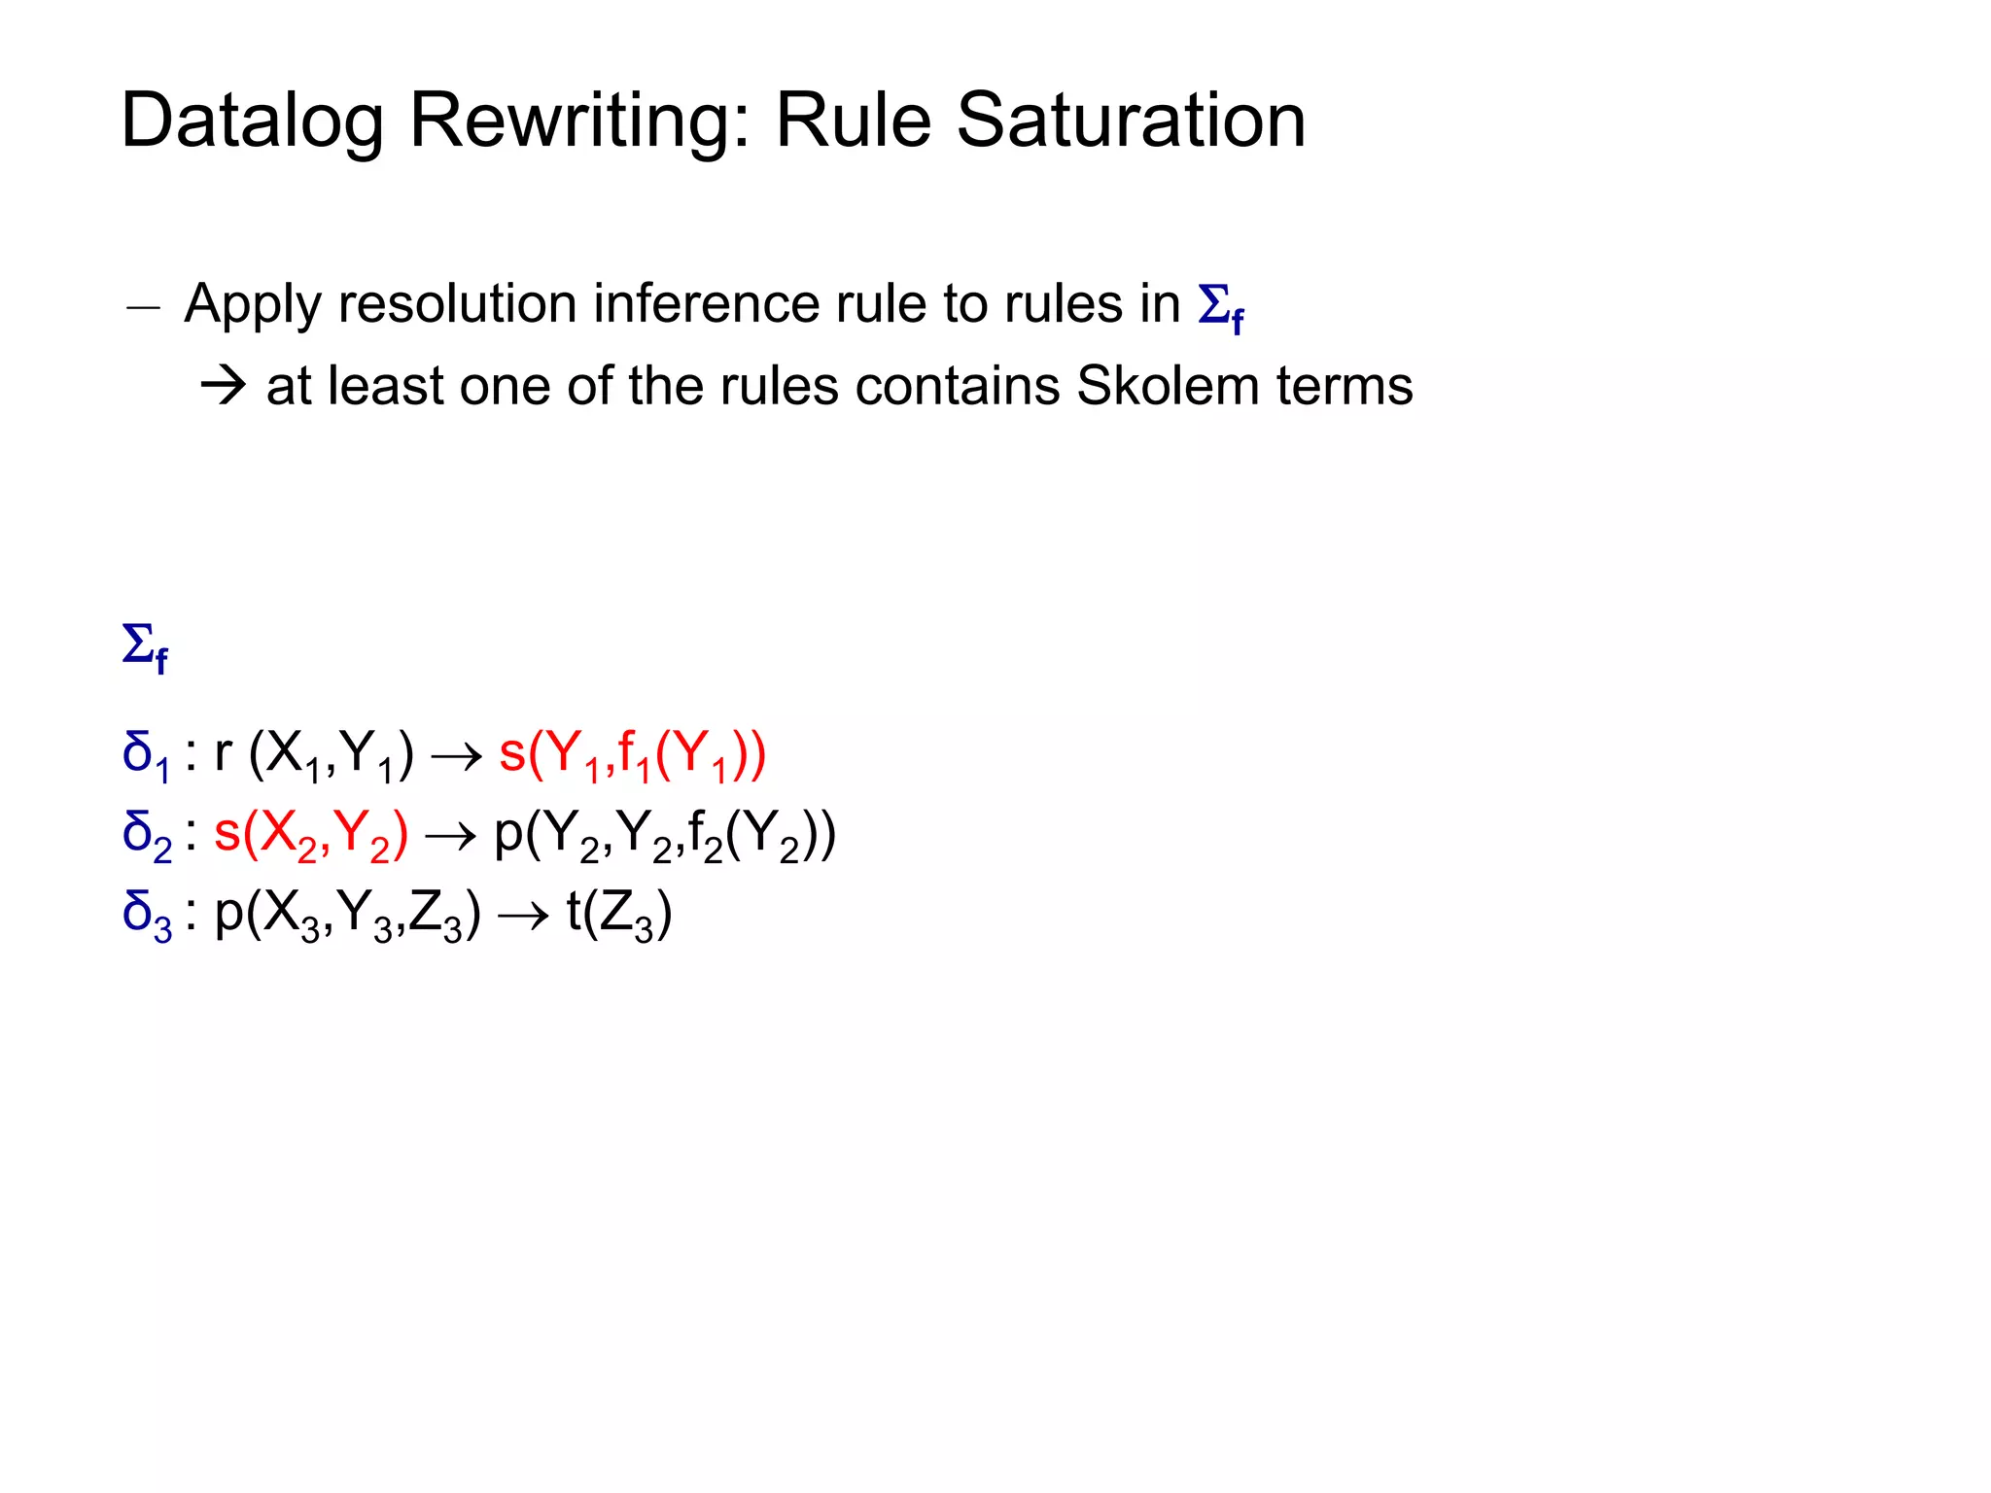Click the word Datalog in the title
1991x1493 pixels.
pos(251,122)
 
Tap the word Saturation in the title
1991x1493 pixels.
pos(1131,121)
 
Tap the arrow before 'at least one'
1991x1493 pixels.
pos(224,387)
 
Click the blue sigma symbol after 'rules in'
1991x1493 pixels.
pos(1220,307)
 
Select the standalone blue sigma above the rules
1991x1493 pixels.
pos(145,646)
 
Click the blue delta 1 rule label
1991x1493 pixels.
pos(146,755)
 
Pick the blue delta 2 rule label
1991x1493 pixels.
pos(147,836)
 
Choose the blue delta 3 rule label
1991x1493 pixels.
pos(147,916)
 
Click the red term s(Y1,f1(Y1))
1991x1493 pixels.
pos(632,754)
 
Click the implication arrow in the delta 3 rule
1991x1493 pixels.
pos(523,917)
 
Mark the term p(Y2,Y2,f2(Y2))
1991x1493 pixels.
pos(665,835)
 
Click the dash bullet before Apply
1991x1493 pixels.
pos(143,308)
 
